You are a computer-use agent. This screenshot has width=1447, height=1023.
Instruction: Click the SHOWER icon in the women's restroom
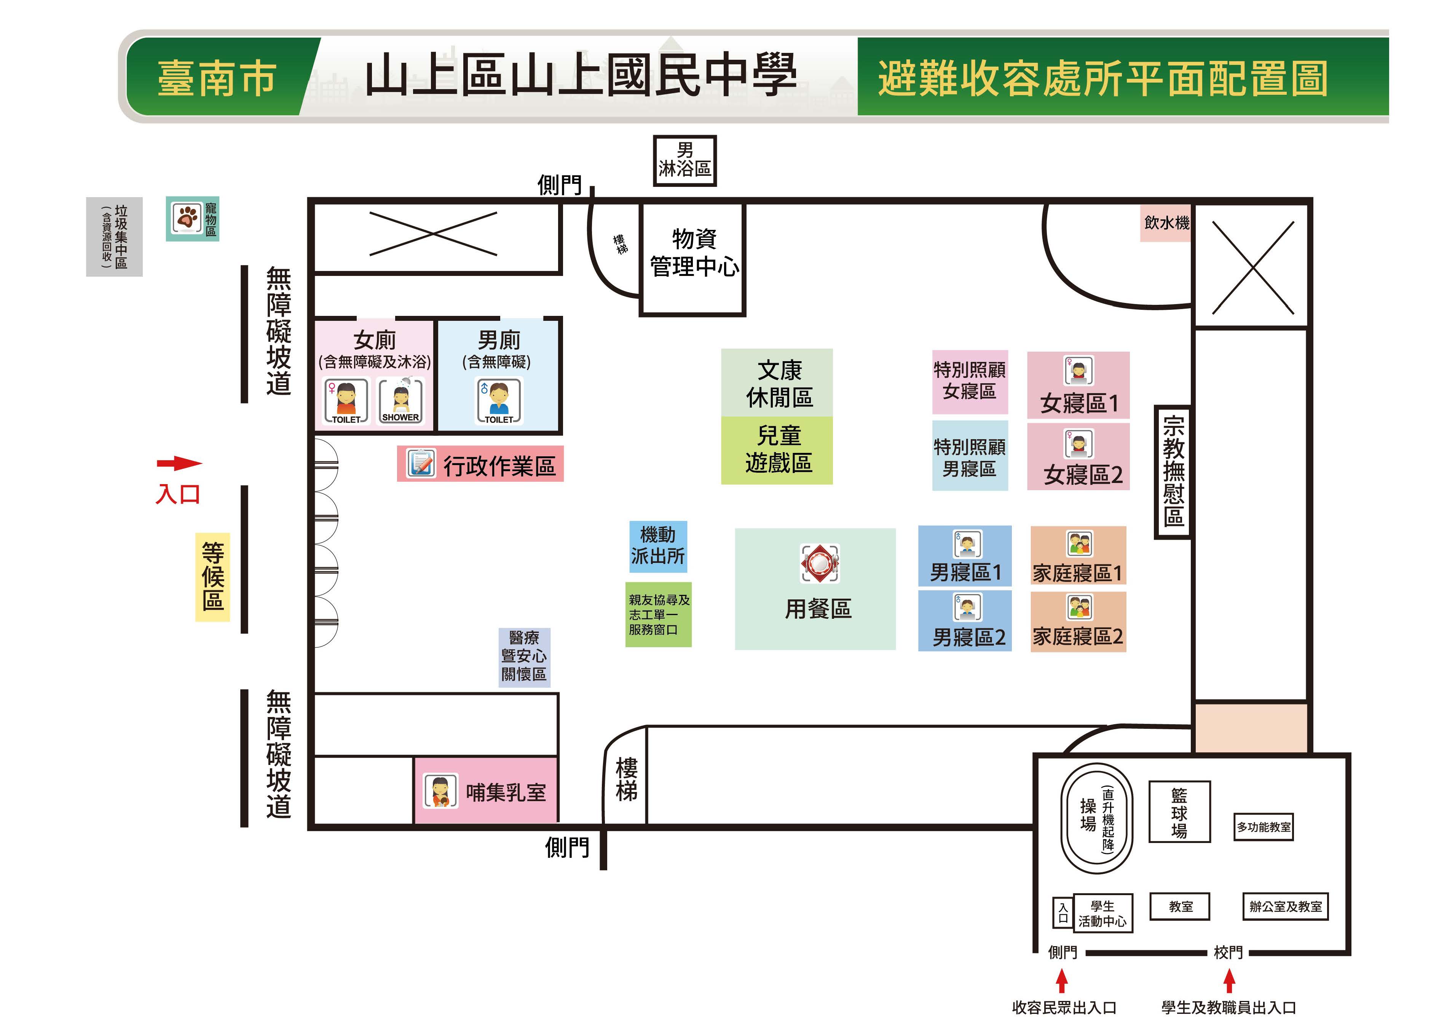click(x=401, y=401)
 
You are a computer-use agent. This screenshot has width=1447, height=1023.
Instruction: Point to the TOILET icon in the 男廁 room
click(x=498, y=401)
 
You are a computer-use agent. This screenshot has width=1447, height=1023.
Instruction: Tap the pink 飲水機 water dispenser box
click(x=1165, y=222)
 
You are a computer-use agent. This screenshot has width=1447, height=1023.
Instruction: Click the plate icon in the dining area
click(x=819, y=563)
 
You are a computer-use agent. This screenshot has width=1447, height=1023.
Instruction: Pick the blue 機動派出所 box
click(x=658, y=546)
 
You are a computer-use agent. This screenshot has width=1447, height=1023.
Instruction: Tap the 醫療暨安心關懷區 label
click(x=524, y=657)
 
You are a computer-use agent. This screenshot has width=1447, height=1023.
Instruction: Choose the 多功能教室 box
click(x=1264, y=827)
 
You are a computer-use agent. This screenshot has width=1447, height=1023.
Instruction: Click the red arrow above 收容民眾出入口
click(x=1062, y=980)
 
